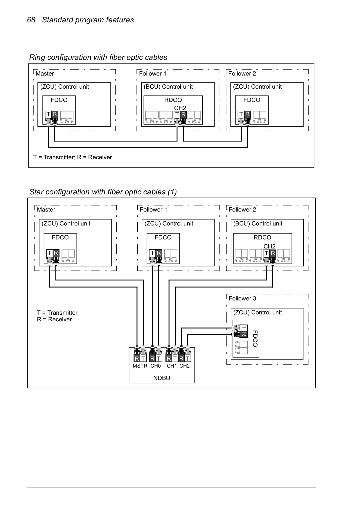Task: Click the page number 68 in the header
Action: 31,20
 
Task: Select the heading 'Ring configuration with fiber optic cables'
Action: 98,57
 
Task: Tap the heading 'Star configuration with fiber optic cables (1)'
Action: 103,192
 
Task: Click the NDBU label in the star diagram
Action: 162,378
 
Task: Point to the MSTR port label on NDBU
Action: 140,366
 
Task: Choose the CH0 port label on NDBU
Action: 156,366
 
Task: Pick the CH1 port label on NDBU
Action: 172,366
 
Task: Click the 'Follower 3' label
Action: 242,298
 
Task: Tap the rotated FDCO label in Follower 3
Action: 255,339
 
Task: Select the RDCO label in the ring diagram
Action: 173,100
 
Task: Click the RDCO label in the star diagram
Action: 262,237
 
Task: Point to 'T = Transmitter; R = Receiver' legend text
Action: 73,157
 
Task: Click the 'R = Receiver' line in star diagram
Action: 54,319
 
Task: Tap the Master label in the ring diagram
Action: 45,74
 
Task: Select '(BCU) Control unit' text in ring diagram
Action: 168,87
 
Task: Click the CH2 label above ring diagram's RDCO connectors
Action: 180,108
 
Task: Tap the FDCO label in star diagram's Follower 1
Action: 163,237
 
